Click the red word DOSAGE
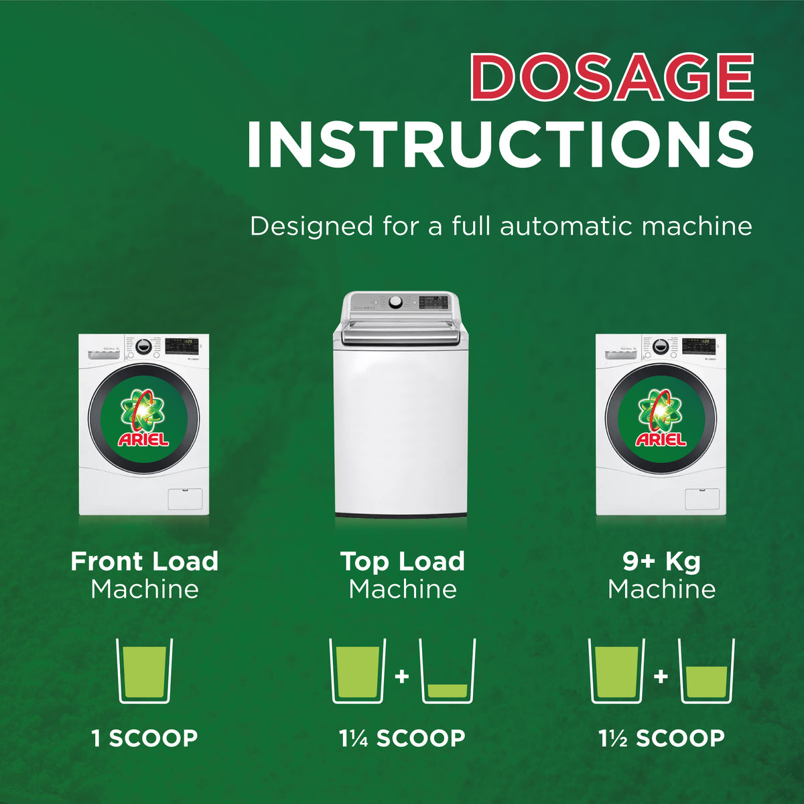(612, 77)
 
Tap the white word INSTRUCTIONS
(500, 144)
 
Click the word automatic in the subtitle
(567, 226)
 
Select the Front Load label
(144, 561)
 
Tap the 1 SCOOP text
(144, 738)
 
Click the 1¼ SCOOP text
(402, 738)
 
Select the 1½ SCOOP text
(661, 738)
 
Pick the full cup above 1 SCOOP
(144, 671)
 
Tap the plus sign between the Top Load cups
(402, 676)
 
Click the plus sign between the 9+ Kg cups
(661, 676)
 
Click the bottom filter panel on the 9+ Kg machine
(702, 499)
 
